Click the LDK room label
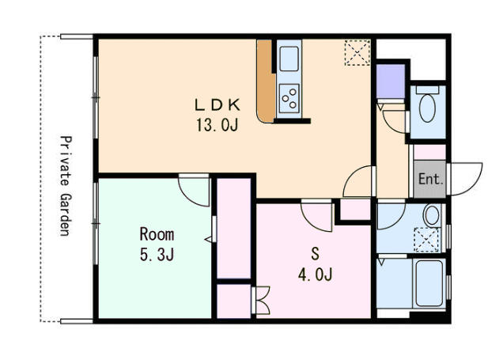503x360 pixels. click(x=217, y=105)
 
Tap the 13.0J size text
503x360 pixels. click(x=217, y=125)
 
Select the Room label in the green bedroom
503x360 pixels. click(x=157, y=234)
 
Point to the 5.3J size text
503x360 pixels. click(x=157, y=255)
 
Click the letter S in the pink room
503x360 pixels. click(x=316, y=254)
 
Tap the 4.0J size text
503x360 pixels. click(x=315, y=275)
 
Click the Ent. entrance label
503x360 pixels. click(x=431, y=179)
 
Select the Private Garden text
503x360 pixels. click(x=66, y=186)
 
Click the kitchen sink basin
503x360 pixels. click(x=289, y=59)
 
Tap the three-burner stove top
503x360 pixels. click(x=289, y=98)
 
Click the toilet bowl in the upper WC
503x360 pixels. click(x=428, y=108)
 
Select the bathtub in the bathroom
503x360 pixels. click(x=429, y=283)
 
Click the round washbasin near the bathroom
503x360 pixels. click(x=432, y=215)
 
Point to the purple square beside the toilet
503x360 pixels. click(x=391, y=81)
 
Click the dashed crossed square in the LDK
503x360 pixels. click(x=357, y=53)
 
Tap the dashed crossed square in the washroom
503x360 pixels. click(x=426, y=240)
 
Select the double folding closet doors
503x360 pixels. click(x=263, y=300)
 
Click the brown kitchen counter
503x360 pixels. click(x=266, y=81)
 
